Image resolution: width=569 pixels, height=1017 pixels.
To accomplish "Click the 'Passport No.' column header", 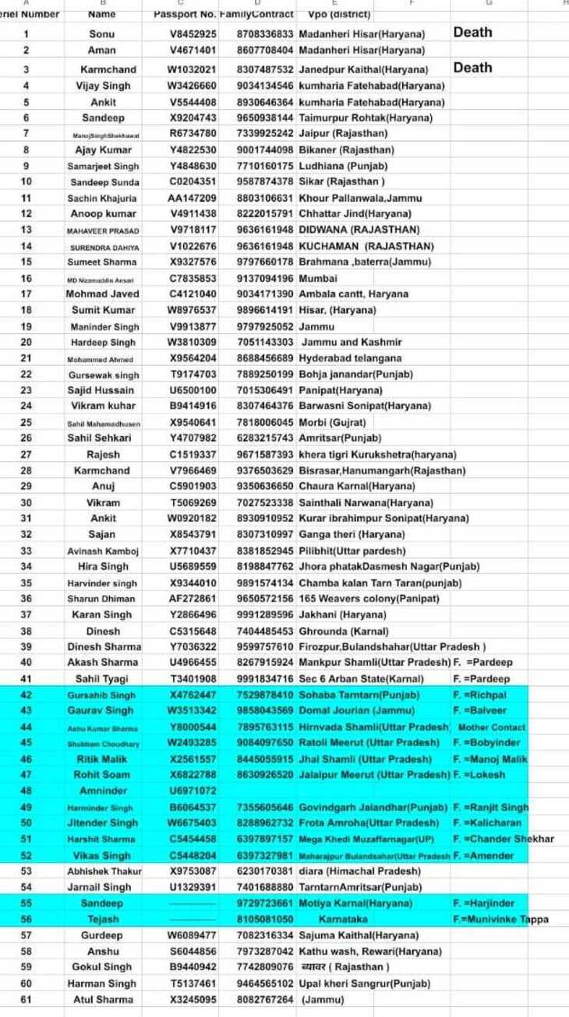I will [x=185, y=14].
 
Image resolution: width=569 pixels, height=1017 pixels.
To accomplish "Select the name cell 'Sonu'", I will [x=102, y=34].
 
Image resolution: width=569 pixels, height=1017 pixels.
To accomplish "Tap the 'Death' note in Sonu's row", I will [x=472, y=32].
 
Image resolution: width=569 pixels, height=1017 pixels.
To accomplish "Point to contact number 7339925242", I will [x=265, y=134].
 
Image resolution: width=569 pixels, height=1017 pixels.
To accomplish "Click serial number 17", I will [x=27, y=294].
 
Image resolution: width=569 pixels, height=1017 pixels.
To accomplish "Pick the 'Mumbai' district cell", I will [x=318, y=278].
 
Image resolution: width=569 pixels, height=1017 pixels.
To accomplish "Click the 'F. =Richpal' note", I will [x=479, y=695].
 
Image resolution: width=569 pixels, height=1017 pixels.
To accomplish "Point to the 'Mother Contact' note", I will [x=491, y=727].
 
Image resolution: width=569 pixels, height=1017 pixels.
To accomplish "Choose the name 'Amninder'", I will [x=103, y=791].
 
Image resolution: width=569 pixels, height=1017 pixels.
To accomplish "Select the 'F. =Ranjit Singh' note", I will [x=490, y=807].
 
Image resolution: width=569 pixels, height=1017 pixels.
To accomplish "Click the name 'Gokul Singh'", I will [x=102, y=967].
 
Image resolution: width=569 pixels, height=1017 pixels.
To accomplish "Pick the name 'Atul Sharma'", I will [x=103, y=999].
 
